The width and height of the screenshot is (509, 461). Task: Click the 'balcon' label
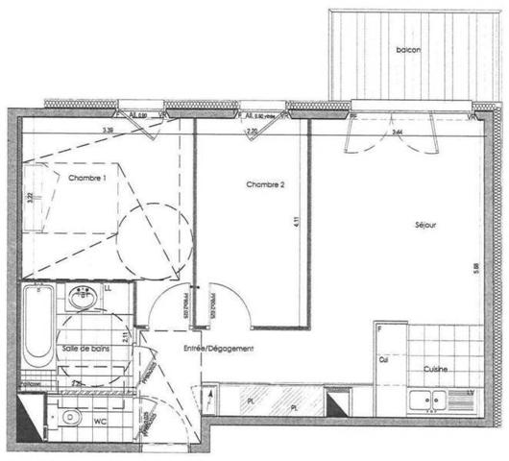407,50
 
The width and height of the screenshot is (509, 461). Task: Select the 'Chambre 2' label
265,185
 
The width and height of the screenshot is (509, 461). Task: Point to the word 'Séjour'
425,226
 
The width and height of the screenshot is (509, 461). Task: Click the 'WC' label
99,421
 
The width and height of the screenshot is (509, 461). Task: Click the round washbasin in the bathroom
83,301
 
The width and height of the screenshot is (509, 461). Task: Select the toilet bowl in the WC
69,418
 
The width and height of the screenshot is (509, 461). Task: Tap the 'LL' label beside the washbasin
109,287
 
